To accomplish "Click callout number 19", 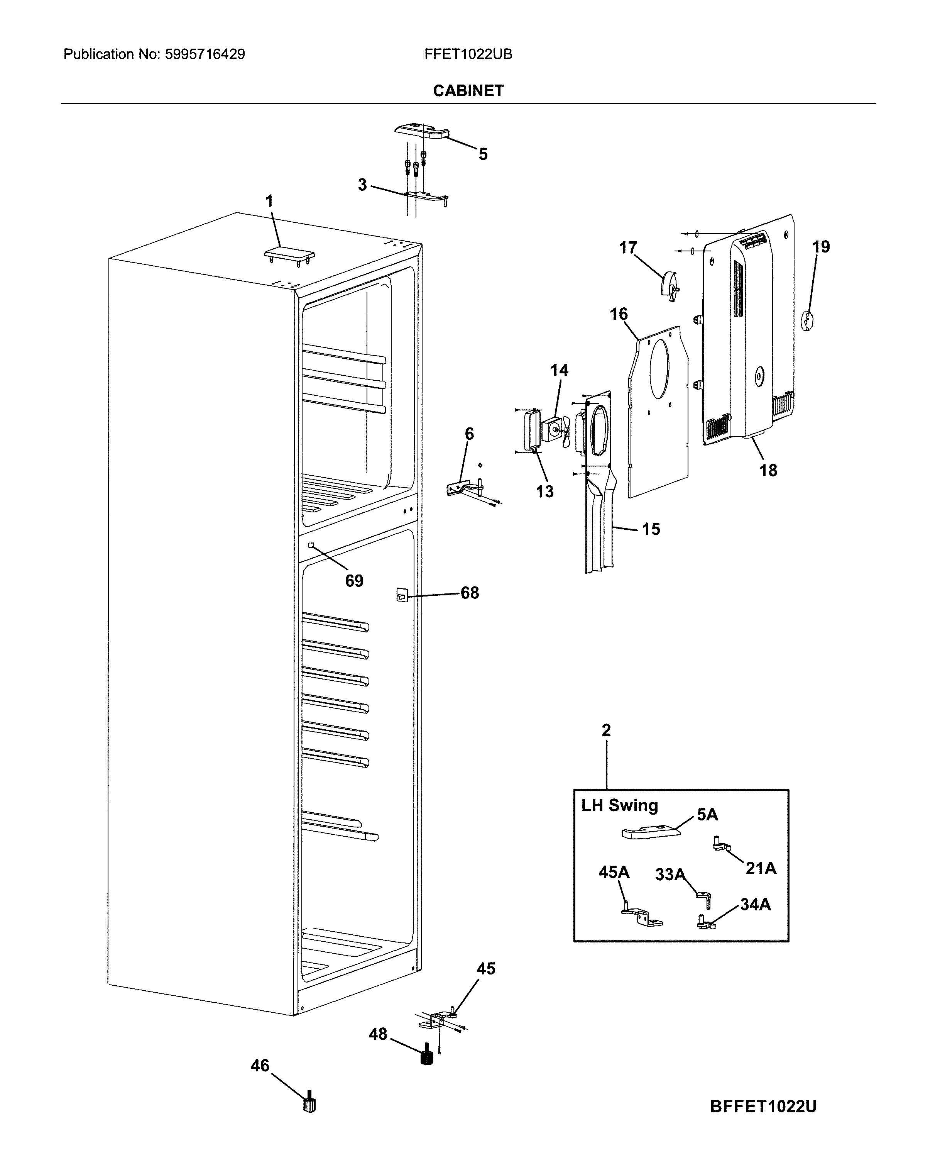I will point(820,247).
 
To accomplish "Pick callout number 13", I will point(545,491).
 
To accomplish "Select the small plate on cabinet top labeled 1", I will point(289,254).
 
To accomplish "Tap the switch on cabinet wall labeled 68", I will point(401,595).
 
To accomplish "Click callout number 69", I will point(354,581).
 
